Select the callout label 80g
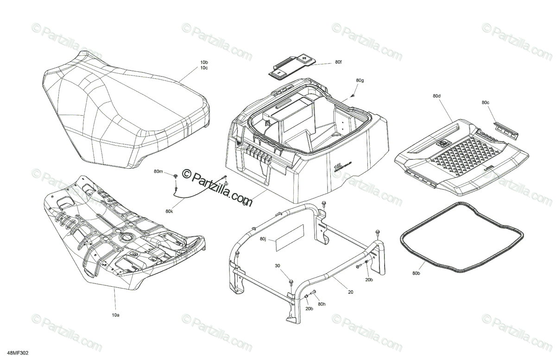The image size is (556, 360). [x=360, y=81]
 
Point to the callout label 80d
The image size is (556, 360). [x=436, y=96]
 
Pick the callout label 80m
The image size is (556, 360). [x=158, y=172]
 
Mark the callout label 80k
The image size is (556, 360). [x=169, y=212]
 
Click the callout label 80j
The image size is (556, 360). [x=263, y=239]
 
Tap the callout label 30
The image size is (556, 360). [x=278, y=265]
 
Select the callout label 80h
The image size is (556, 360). [x=322, y=304]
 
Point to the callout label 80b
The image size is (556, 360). [x=416, y=274]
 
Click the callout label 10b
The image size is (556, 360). [x=204, y=62]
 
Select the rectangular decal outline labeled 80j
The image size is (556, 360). [x=290, y=239]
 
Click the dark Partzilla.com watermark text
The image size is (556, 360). [x=217, y=188]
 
